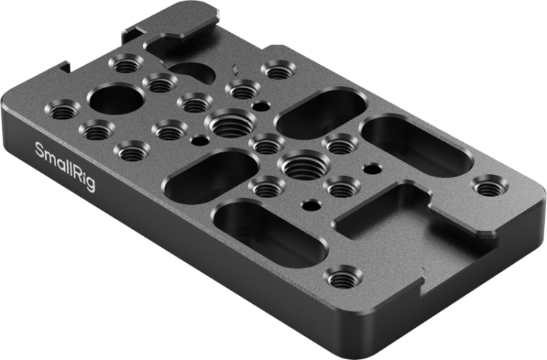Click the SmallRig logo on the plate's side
click(65, 166)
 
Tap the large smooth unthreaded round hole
click(117, 98)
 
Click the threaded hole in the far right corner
click(490, 188)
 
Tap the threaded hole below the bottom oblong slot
click(343, 277)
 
